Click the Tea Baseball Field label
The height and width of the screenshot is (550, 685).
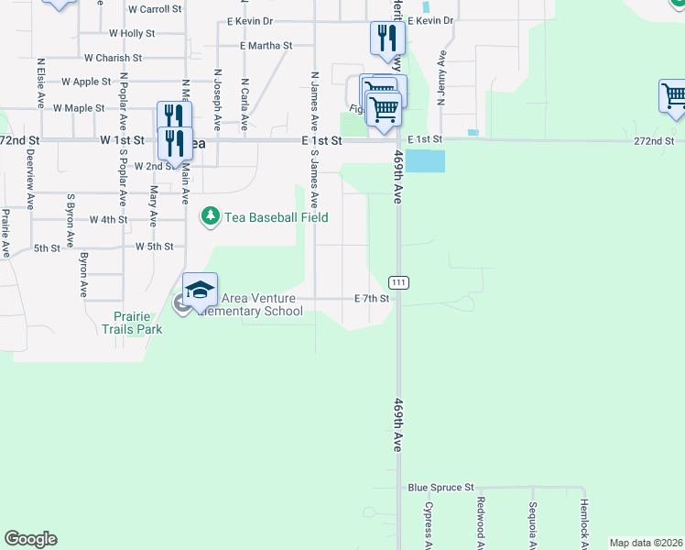coord(277,217)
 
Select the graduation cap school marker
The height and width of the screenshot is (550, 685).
coord(200,291)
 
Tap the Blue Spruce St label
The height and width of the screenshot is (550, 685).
coord(440,488)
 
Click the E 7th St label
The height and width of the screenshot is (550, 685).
coord(373,299)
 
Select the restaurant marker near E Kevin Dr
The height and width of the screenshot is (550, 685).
coord(387,38)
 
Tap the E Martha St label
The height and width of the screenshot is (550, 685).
coord(266,45)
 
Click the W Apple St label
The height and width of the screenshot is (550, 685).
coord(86,82)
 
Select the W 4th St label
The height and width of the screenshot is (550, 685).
coord(108,220)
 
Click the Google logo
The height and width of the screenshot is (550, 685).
coord(30,539)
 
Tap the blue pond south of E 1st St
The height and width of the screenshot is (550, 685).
coord(426,161)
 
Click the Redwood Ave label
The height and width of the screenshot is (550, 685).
coord(480,520)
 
